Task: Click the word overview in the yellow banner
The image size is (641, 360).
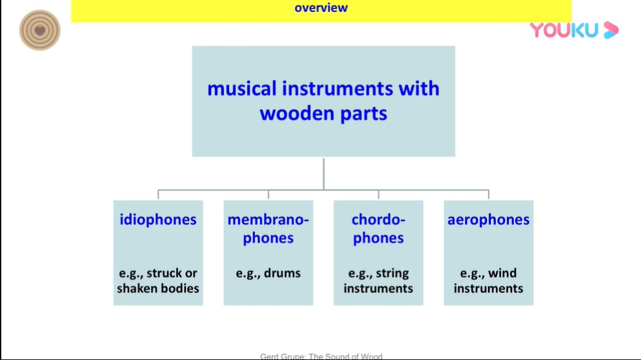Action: [x=320, y=8]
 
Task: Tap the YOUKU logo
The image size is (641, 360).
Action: [x=573, y=29]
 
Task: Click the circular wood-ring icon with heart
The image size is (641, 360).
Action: [x=40, y=30]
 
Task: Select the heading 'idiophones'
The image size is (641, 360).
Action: [x=158, y=220]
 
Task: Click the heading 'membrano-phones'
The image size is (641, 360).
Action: [x=268, y=229]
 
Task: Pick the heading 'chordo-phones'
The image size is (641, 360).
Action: [x=378, y=229]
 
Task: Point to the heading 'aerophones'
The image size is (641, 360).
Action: [x=488, y=220]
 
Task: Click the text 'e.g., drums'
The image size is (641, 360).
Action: [x=268, y=274]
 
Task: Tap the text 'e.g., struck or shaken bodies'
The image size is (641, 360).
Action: [x=158, y=281]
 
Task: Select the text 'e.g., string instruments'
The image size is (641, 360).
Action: [x=378, y=281]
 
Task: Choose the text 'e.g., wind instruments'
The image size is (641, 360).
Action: [x=488, y=281]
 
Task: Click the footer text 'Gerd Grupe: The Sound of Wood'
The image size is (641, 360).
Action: [x=321, y=356]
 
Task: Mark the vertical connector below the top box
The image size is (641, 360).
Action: [x=324, y=173]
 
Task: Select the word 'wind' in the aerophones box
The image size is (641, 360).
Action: [x=503, y=274]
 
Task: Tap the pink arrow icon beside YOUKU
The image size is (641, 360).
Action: [x=611, y=30]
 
